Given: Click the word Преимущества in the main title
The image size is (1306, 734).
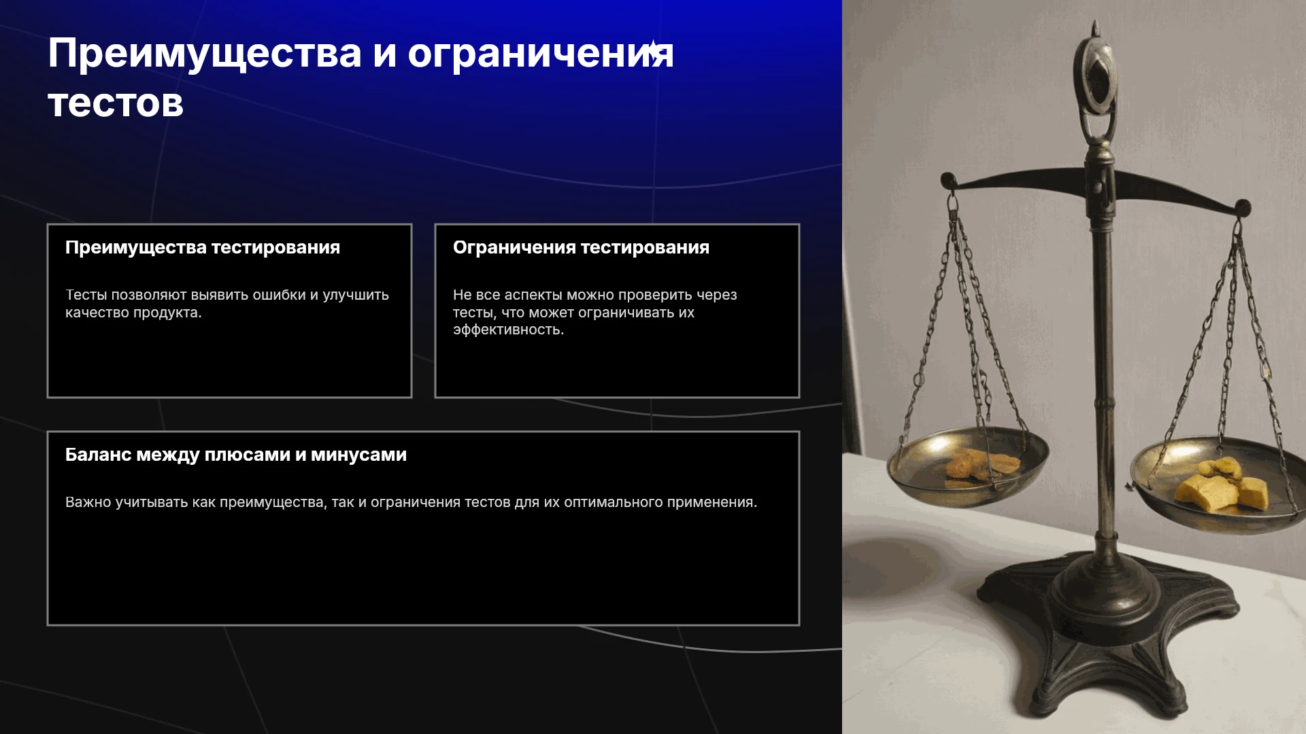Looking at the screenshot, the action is click(x=205, y=54).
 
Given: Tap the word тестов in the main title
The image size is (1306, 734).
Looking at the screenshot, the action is click(x=116, y=103).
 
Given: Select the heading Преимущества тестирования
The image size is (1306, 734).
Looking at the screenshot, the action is click(x=203, y=248).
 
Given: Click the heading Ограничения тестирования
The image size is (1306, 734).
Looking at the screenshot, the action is click(x=581, y=247).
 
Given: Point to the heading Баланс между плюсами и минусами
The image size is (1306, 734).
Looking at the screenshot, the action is click(x=236, y=455).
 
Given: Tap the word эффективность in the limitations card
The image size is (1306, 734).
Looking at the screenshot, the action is click(x=508, y=330).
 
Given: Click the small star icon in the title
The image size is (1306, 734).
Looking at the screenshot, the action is click(x=653, y=50).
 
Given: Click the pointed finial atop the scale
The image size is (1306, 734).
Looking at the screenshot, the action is click(x=1095, y=29).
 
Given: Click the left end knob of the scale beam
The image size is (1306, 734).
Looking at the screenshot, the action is click(x=948, y=181).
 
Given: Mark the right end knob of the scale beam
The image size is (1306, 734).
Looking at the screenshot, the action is click(x=1243, y=207).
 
